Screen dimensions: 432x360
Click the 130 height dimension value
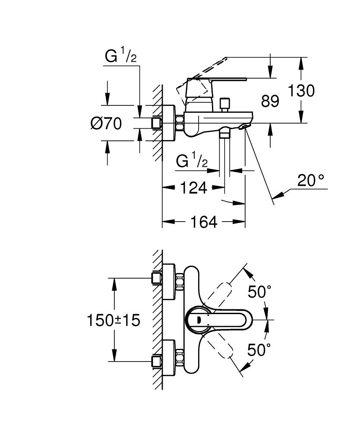coord(302,91)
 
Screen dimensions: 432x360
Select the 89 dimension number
coord(270,102)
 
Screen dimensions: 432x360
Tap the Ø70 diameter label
coord(106,124)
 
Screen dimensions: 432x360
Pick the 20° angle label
coord(310,181)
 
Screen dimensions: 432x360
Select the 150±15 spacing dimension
coord(114,320)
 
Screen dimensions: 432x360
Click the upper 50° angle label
coord(259,292)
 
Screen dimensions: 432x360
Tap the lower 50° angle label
coord(259,349)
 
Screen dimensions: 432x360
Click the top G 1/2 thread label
coord(120,56)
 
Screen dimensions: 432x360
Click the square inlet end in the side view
coord(156,123)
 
